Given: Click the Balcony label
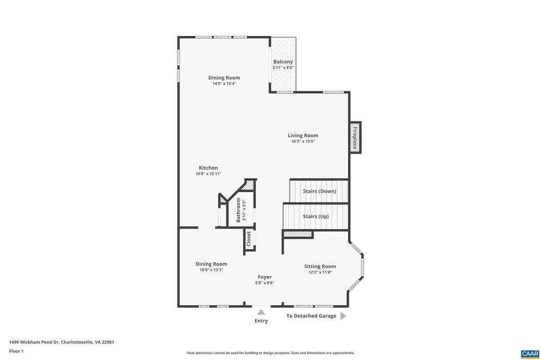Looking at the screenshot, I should tap(283, 62).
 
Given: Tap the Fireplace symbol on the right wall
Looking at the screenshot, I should tap(355, 137).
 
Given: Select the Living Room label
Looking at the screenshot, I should tap(303, 136).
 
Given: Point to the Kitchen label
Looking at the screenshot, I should tap(208, 168).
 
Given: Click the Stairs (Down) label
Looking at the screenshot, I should tap(319, 191).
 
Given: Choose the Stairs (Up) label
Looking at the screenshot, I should tap(316, 216).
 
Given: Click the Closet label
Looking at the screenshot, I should tap(249, 239).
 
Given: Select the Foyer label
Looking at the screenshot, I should tap(264, 277).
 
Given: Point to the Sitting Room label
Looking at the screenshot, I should tap(320, 266).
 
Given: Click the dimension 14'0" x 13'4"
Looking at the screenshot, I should tap(224, 83).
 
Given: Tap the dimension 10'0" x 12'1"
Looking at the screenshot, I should tap(211, 270).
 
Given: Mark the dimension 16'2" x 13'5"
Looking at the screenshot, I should tap(303, 141).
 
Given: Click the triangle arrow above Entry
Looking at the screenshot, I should tap(261, 312).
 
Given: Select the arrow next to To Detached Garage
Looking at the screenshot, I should tap(342, 316).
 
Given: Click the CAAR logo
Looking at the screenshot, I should tap(529, 353).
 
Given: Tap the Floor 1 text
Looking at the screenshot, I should tap(16, 351).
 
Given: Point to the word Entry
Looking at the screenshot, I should tap(261, 321).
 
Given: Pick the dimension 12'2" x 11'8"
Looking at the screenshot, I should tap(320, 272).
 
